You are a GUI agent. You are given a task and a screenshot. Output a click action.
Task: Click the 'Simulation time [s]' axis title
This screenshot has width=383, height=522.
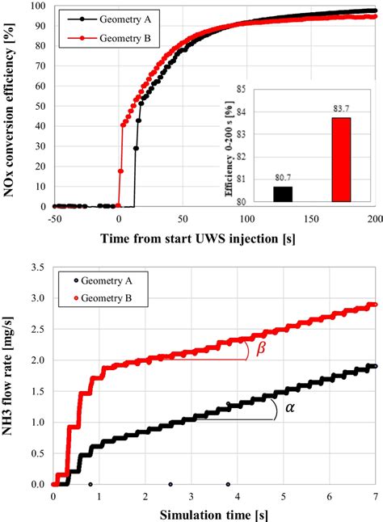pyautogui.click(x=214, y=514)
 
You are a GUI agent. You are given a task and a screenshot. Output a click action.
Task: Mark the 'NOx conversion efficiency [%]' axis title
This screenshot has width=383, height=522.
pyautogui.click(x=14, y=105)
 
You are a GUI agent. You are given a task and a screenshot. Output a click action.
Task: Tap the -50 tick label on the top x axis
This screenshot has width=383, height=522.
pyautogui.click(x=53, y=218)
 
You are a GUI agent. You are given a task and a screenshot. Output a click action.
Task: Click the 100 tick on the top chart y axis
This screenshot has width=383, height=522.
pyautogui.click(x=36, y=6)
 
